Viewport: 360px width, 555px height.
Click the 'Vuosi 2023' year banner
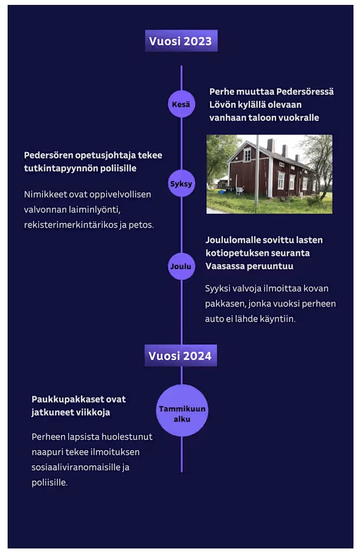click(181, 41)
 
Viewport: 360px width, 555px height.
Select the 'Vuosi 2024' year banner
click(181, 356)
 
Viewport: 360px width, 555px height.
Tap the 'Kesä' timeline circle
click(181, 104)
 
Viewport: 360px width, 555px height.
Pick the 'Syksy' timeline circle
click(181, 183)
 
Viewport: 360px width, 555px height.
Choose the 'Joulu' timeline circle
click(181, 266)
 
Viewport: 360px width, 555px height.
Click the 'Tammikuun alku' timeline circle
click(182, 410)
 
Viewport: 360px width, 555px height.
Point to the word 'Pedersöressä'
click(305, 92)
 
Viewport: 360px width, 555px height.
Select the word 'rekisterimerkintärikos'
click(71, 225)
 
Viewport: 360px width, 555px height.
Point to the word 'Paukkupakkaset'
click(66, 399)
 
